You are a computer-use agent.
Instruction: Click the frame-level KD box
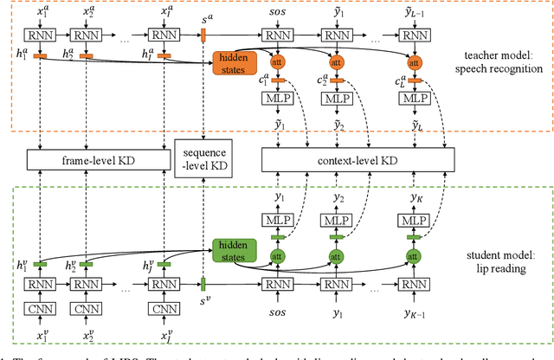click(x=96, y=159)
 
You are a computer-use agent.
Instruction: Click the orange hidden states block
click(x=229, y=62)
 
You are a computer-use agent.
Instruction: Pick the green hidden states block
click(x=229, y=250)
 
